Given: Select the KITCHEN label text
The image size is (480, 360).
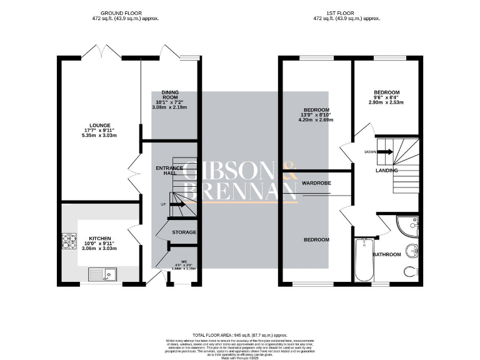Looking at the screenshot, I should (x=100, y=239).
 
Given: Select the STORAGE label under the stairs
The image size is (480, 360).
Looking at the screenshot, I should (x=184, y=232).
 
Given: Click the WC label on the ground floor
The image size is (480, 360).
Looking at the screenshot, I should (x=184, y=261).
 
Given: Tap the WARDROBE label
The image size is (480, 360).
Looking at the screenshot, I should (x=316, y=183).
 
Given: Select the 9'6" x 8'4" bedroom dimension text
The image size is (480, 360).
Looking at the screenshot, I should (x=386, y=97).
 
